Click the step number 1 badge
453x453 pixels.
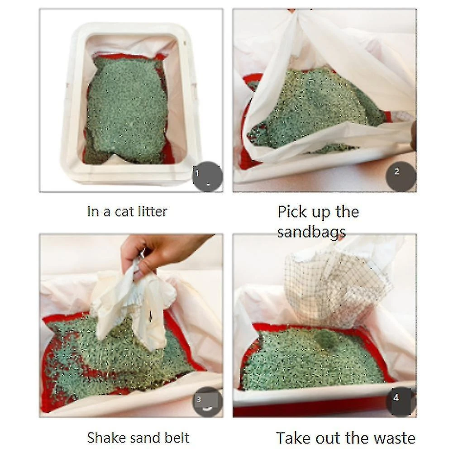pyautogui.click(x=207, y=176)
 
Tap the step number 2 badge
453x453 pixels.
pyautogui.click(x=401, y=176)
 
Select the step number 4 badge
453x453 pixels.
pyautogui.click(x=401, y=401)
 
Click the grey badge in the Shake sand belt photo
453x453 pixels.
pyautogui.click(x=207, y=401)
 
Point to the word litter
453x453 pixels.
pyautogui.click(x=152, y=211)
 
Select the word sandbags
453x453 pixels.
pyautogui.click(x=311, y=233)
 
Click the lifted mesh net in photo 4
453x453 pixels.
pyautogui.click(x=338, y=289)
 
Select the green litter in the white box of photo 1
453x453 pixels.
pyautogui.click(x=126, y=110)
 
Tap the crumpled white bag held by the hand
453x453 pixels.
pyautogui.click(x=133, y=303)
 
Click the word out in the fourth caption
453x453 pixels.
pyautogui.click(x=328, y=439)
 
